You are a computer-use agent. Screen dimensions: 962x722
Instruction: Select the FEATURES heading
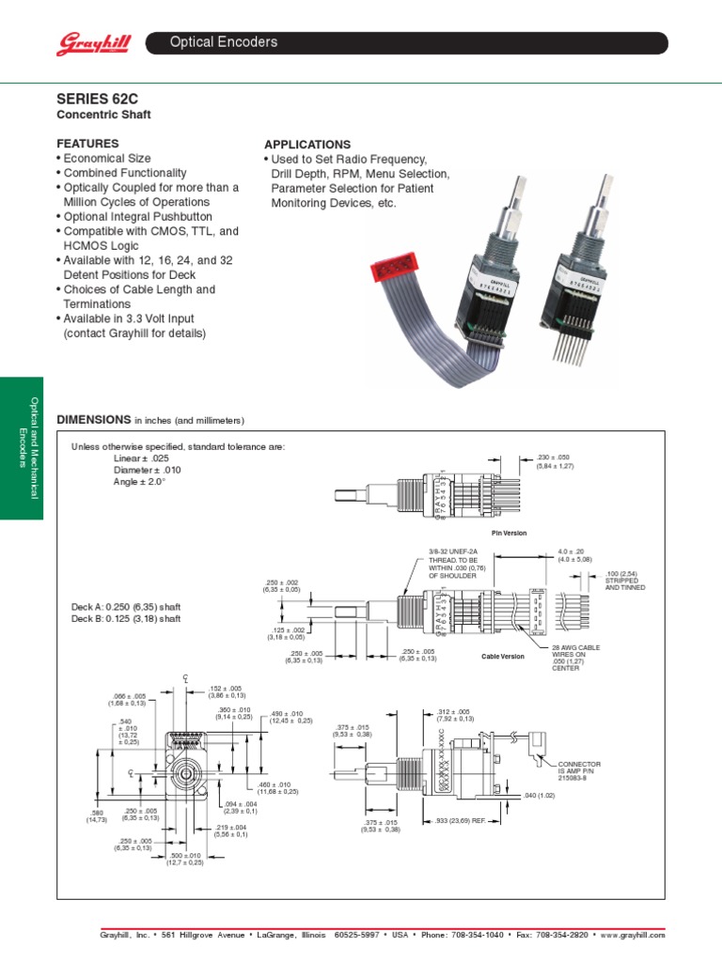88,144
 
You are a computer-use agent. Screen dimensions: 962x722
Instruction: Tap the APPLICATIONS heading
307,145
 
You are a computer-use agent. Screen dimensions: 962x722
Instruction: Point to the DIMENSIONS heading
92,418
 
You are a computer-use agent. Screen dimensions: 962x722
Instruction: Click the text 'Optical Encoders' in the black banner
223,42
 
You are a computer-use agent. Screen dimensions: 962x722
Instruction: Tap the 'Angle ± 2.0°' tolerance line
139,481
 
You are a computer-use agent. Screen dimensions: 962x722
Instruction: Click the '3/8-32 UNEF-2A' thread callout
453,551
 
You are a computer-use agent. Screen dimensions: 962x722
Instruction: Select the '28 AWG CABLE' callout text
578,647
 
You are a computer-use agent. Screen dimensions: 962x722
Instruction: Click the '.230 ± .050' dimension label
554,458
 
